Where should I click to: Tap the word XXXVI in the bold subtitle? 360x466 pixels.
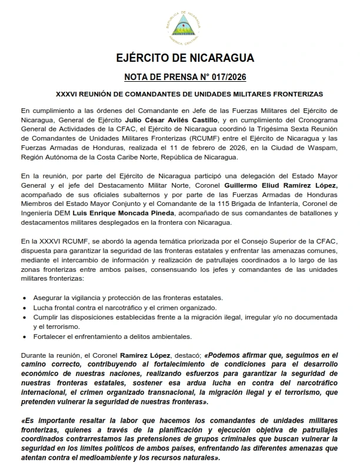(x=67, y=94)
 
